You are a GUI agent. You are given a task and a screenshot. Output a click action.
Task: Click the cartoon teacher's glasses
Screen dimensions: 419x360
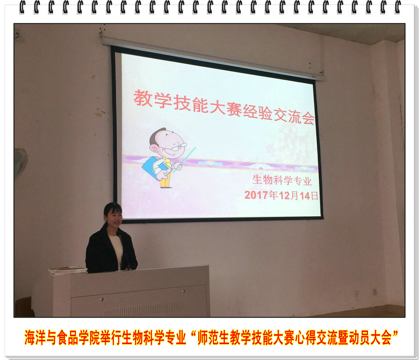tap(177, 147)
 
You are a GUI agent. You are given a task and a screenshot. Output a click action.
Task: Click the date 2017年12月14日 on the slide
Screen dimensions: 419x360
tap(282, 195)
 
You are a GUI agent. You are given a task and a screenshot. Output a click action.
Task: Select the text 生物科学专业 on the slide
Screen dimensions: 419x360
tap(282, 180)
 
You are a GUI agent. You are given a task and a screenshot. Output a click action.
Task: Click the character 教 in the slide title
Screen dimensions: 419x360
tap(143, 98)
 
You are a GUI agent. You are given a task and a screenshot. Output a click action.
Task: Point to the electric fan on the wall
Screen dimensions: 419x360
tap(20, 163)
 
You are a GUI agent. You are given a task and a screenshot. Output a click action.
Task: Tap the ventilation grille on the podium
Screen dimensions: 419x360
tap(144, 309)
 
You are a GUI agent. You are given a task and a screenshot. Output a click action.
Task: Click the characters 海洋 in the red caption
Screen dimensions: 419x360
tap(35, 337)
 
